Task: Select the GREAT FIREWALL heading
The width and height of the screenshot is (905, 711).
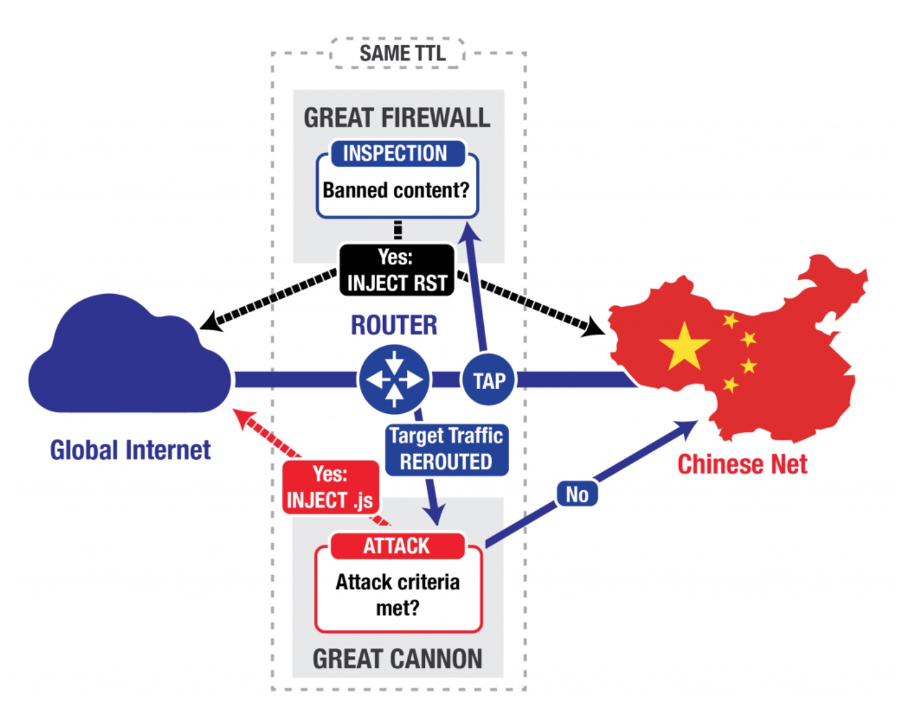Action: tap(396, 118)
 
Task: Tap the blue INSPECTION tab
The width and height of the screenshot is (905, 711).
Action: tap(395, 153)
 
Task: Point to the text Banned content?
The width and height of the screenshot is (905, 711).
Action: tap(396, 190)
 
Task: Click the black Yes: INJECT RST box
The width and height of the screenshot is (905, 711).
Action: tap(396, 270)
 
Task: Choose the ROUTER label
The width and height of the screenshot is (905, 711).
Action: tap(394, 325)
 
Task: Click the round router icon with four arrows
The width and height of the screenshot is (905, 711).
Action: tap(394, 379)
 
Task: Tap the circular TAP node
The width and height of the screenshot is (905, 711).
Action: tap(489, 381)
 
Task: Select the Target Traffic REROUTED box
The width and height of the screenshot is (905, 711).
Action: tap(446, 449)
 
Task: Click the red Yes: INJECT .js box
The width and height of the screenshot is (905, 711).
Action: tap(330, 488)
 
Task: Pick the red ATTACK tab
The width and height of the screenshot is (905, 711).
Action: tap(396, 546)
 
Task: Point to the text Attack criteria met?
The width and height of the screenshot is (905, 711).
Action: tap(398, 594)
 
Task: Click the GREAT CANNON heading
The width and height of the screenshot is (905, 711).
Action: tap(397, 659)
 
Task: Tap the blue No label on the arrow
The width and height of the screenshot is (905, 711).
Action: tap(577, 495)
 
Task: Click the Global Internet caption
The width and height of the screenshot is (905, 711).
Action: tap(130, 450)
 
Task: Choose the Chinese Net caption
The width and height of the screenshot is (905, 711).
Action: tap(742, 464)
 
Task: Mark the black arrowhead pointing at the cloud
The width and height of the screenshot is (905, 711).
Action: tap(211, 321)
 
